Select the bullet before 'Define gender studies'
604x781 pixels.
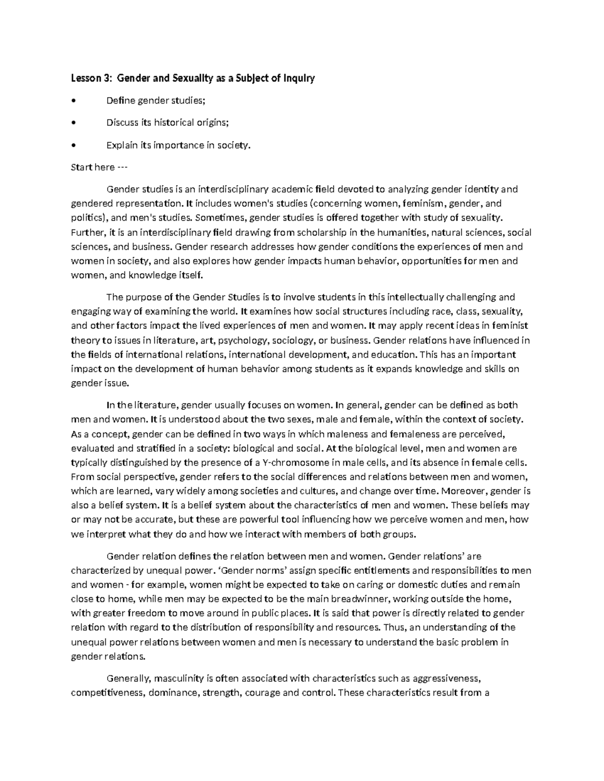(74, 101)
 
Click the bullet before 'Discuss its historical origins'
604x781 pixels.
(74, 123)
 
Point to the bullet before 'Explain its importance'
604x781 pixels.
(74, 145)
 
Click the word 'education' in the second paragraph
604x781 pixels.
(390, 355)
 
